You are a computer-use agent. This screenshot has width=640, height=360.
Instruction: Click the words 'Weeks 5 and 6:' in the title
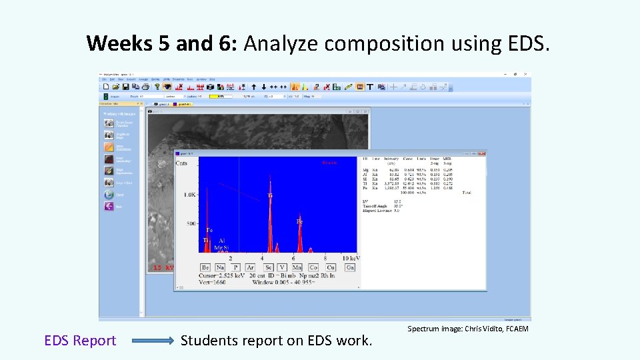163,44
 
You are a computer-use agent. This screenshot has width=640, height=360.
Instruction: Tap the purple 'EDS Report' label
80,341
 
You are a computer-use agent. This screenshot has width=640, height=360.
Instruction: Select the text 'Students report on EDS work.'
277,341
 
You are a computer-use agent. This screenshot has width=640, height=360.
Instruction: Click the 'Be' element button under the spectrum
206,267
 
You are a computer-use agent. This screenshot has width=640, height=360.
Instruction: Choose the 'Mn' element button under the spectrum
297,267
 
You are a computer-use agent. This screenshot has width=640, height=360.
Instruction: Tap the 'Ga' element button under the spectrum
350,267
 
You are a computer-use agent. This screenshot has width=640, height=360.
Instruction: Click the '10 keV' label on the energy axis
351,258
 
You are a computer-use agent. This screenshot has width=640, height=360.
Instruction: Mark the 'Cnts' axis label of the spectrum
182,163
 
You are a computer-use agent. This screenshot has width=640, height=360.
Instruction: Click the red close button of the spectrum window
482,153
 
